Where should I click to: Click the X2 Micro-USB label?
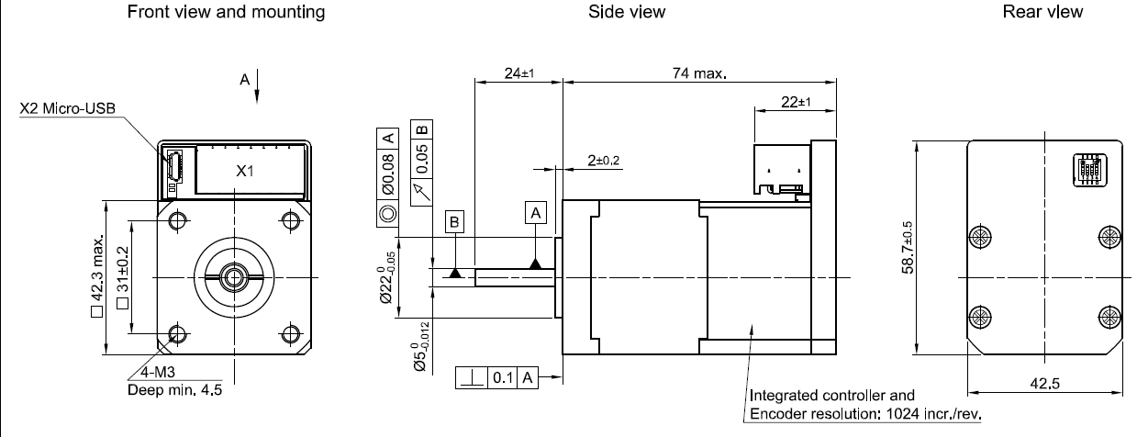click(66, 110)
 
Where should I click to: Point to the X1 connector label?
click(243, 171)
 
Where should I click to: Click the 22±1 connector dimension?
click(795, 102)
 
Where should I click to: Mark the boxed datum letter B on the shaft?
click(455, 221)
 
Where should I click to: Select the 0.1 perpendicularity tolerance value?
click(502, 377)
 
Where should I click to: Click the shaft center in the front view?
click(233, 275)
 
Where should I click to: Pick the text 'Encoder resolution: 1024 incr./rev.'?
click(865, 412)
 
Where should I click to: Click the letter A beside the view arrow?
click(244, 81)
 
